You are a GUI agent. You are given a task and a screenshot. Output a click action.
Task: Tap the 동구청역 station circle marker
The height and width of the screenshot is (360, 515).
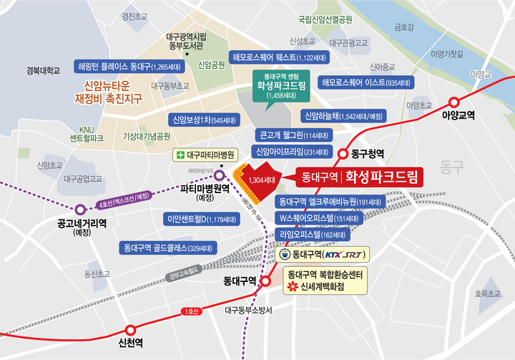(x=343, y=153)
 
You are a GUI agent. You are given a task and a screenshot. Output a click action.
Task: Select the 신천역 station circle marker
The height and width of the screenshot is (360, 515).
(x=130, y=330)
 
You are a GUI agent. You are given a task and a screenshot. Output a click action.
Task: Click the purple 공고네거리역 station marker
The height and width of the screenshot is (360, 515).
(x=80, y=209)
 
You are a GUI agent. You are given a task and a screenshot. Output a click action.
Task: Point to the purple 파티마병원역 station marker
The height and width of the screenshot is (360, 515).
(x=219, y=175)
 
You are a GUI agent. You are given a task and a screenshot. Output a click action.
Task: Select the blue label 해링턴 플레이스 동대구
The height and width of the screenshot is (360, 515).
(x=130, y=67)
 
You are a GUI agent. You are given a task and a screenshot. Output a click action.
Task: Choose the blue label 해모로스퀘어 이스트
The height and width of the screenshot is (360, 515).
(x=367, y=82)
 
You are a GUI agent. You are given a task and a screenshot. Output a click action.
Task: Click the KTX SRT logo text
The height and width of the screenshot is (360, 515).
(x=346, y=254)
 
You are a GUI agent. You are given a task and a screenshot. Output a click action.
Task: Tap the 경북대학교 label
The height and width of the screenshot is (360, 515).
(x=43, y=70)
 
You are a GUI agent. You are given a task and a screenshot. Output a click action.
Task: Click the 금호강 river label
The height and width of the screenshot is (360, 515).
(x=404, y=27)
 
